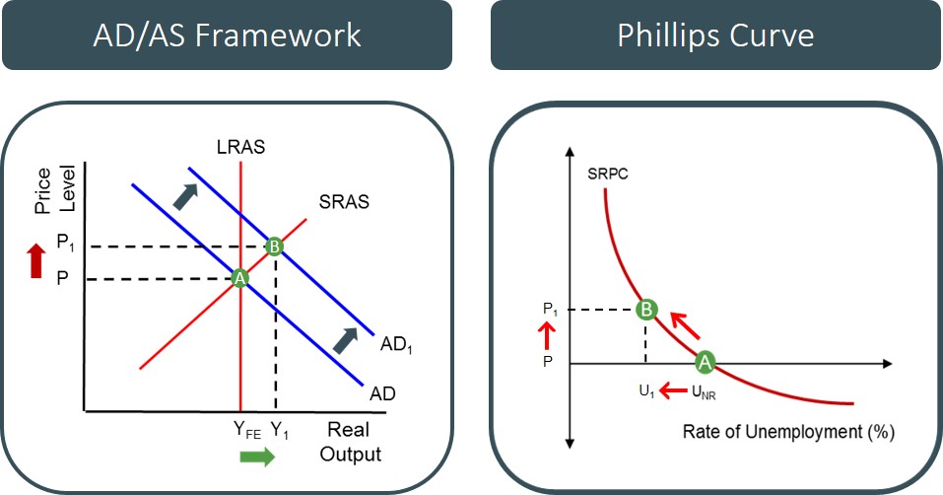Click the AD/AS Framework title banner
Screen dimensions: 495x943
(227, 35)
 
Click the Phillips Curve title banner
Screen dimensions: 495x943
(715, 35)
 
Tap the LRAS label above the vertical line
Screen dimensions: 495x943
(241, 148)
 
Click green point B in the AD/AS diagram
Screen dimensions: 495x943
(275, 247)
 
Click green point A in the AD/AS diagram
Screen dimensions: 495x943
(238, 279)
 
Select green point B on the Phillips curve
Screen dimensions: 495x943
(645, 310)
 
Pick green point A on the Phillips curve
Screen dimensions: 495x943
(705, 362)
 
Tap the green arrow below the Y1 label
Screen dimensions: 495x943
(258, 457)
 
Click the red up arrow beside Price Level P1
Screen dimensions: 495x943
(36, 261)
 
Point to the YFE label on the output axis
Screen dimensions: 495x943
(246, 430)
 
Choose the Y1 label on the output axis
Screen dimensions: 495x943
(281, 430)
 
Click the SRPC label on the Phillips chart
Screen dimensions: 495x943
(609, 175)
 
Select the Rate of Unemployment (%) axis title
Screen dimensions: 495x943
(788, 432)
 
